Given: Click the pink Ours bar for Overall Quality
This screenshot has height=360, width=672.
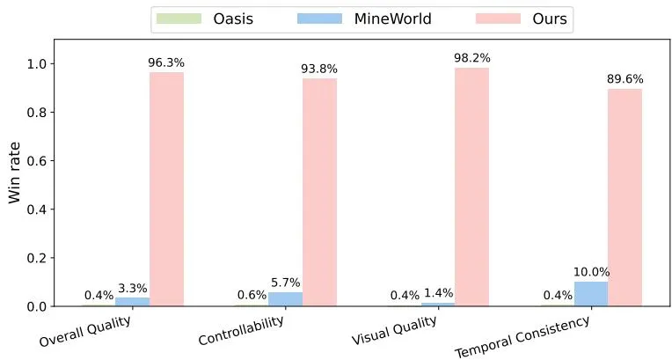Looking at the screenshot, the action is pyautogui.click(x=167, y=189).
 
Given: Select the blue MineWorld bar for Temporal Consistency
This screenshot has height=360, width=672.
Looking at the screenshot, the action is pyautogui.click(x=591, y=294).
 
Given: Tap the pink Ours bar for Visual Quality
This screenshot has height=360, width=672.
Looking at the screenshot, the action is pyautogui.click(x=471, y=187).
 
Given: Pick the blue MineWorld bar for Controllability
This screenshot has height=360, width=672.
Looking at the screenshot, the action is pyautogui.click(x=286, y=299).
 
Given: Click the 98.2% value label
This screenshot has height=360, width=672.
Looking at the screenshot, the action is pyautogui.click(x=472, y=58).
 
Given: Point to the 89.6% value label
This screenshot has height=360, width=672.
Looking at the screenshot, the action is pyautogui.click(x=625, y=79).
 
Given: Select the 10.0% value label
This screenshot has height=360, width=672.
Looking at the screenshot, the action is pyautogui.click(x=591, y=272).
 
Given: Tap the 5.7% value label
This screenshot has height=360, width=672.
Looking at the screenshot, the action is pyautogui.click(x=286, y=283).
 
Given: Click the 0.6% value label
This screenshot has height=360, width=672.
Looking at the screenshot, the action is pyautogui.click(x=252, y=295).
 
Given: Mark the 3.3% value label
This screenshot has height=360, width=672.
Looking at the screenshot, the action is pyautogui.click(x=133, y=289).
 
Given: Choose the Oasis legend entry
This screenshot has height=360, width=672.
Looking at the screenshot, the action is pyautogui.click(x=205, y=18).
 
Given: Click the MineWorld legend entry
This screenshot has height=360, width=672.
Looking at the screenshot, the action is pyautogui.click(x=364, y=18).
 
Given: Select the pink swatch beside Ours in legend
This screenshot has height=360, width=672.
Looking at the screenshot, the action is pyautogui.click(x=498, y=18).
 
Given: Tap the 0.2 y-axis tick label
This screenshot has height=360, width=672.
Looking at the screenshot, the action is pyautogui.click(x=36, y=258).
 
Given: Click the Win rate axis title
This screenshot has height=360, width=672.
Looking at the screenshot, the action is pyautogui.click(x=14, y=173).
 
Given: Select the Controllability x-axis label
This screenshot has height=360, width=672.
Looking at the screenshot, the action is pyautogui.click(x=241, y=331).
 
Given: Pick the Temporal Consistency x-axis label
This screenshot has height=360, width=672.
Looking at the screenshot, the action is pyautogui.click(x=522, y=337).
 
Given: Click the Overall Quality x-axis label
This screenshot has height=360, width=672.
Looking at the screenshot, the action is pyautogui.click(x=84, y=332).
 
